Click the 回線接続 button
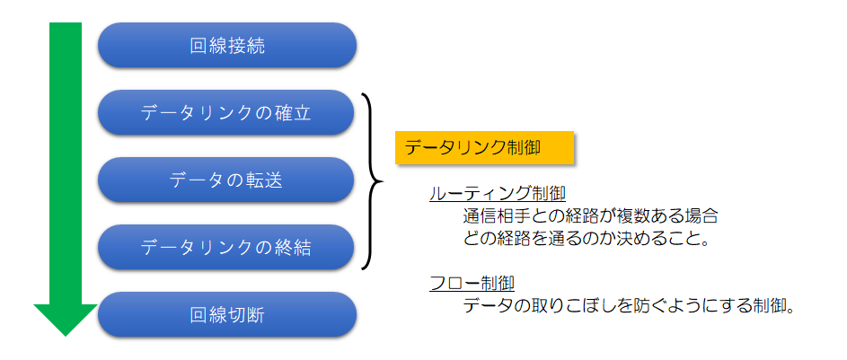tap(227, 45)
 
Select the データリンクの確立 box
tap(227, 112)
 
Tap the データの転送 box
tap(227, 180)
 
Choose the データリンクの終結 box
tap(227, 247)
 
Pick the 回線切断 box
tap(227, 314)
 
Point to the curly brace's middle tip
tap(381, 180)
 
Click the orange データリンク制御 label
tap(484, 148)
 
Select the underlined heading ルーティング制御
tap(497, 195)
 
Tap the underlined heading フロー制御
tap(472, 284)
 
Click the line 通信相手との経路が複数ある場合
tap(590, 216)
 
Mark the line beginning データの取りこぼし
tap(629, 306)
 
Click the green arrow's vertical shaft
tap(65, 162)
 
